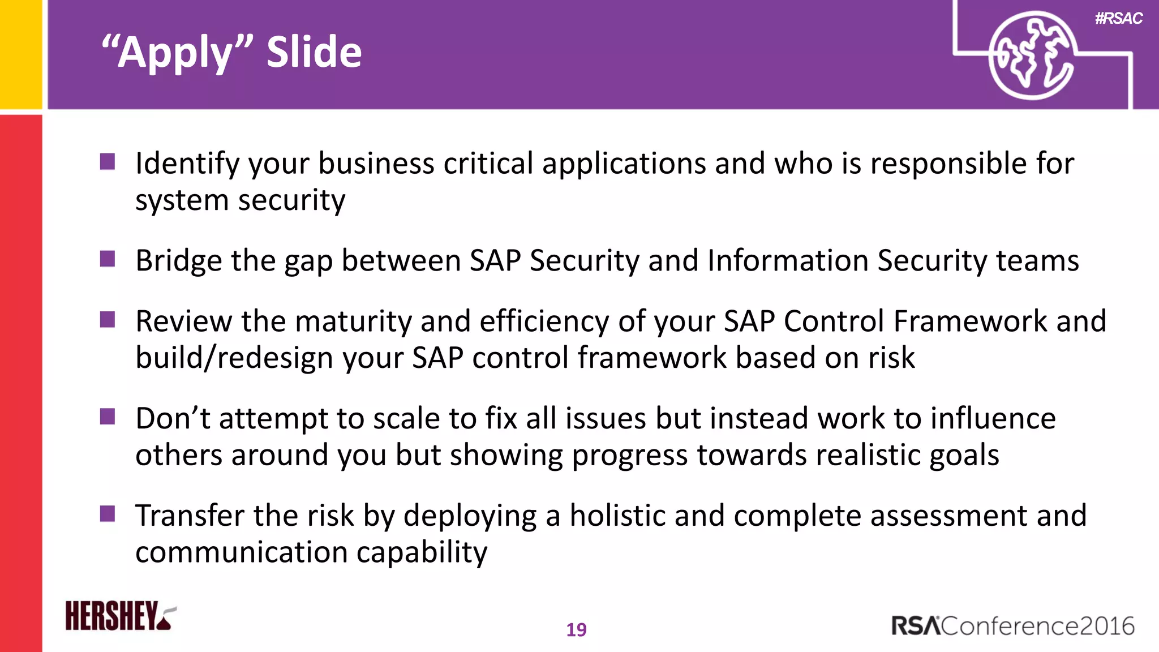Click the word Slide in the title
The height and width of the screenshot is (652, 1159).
314,52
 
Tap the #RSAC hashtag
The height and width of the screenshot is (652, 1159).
1118,19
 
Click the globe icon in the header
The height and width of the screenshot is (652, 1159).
1031,55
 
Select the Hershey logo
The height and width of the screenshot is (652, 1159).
121,616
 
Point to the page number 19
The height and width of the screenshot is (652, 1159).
576,630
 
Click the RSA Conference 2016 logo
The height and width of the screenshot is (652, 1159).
1013,626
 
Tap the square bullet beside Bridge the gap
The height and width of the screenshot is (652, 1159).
108,259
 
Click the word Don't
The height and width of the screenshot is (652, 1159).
173,419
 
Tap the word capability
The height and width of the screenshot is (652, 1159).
422,553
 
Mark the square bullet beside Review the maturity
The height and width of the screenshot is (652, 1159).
108,320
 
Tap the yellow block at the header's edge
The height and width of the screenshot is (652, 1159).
21,54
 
